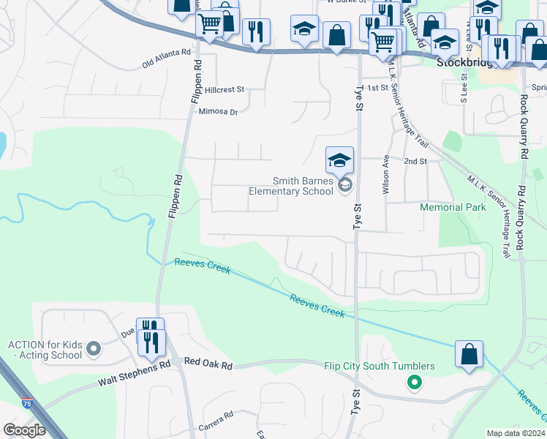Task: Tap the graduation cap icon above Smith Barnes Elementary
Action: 339,160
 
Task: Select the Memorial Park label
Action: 453,207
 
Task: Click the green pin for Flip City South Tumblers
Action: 414,381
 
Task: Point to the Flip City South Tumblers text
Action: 380,366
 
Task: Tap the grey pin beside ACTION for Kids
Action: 93,349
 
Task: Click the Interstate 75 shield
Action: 27,402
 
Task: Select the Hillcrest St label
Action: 224,90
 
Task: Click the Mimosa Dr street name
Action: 219,112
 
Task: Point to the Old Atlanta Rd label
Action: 167,59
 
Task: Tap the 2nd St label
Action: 415,161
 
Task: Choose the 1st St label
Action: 377,88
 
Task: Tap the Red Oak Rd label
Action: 208,362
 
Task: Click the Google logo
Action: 24,430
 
